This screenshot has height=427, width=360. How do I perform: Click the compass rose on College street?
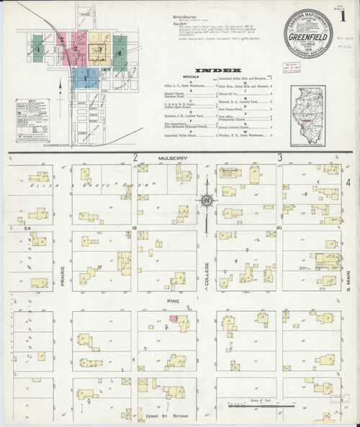207,202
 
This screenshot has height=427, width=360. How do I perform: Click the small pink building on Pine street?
173,317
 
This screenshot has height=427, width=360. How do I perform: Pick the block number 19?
134,227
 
